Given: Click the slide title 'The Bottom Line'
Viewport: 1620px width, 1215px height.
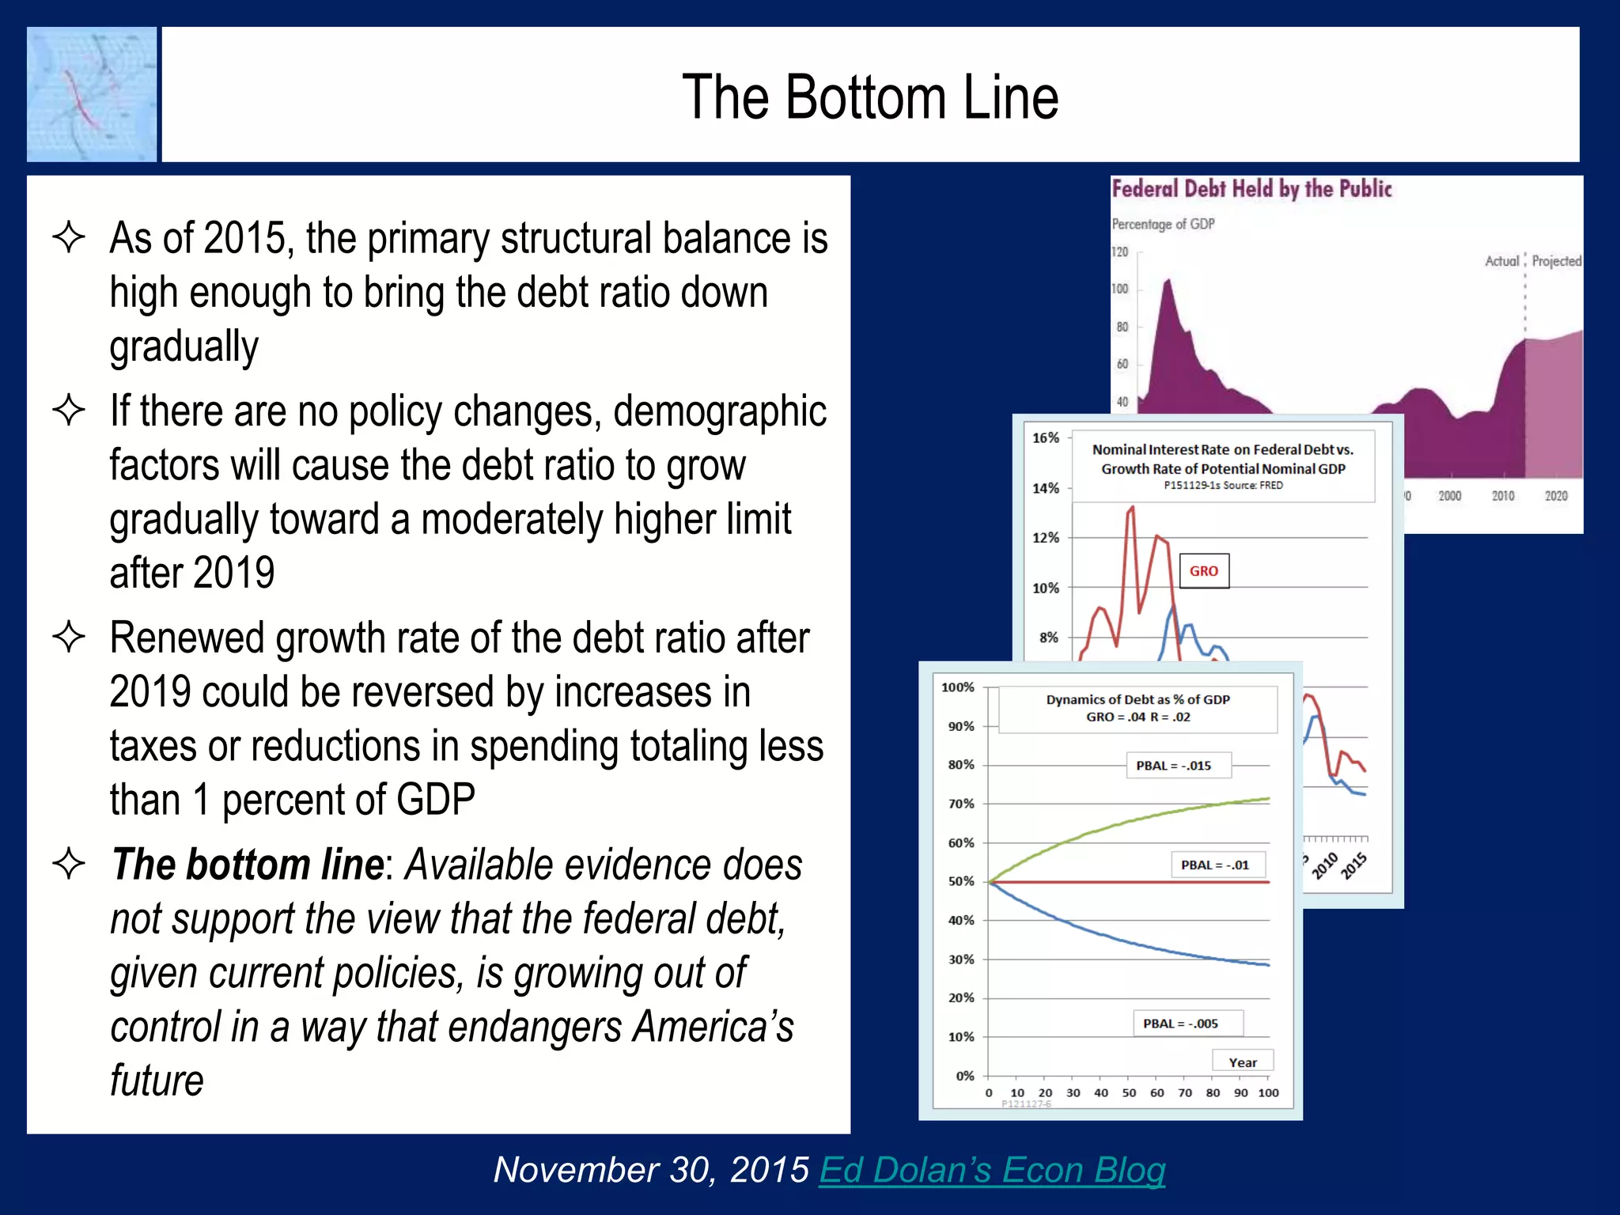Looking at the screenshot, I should pyautogui.click(x=870, y=97).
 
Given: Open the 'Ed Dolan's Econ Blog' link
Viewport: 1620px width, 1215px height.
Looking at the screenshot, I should pyautogui.click(x=992, y=1170).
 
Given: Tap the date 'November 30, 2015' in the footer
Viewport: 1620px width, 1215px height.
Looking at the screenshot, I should pyautogui.click(x=651, y=1170).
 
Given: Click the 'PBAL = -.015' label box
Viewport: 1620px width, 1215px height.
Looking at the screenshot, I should pyautogui.click(x=1173, y=766).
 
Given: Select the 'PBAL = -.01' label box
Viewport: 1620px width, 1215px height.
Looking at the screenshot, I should pyautogui.click(x=1215, y=865).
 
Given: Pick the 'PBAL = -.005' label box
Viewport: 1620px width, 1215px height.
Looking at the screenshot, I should pyautogui.click(x=1180, y=1024).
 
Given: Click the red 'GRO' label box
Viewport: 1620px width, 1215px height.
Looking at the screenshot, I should pyautogui.click(x=1204, y=571).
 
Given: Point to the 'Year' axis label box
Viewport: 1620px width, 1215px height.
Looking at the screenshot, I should pyautogui.click(x=1243, y=1062).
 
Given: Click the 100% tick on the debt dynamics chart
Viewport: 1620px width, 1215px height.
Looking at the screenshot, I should pyautogui.click(x=957, y=687).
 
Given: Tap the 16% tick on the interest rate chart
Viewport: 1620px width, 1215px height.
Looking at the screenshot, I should pyautogui.click(x=1045, y=437).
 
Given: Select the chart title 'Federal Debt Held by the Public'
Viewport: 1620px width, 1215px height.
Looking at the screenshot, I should pyautogui.click(x=1251, y=189).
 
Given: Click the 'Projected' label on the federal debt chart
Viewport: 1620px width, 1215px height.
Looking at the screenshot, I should pyautogui.click(x=1556, y=261).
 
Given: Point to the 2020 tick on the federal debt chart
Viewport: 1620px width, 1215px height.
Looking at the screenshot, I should pyautogui.click(x=1555, y=496).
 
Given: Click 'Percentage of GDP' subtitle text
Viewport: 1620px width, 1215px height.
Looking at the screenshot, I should pyautogui.click(x=1163, y=224).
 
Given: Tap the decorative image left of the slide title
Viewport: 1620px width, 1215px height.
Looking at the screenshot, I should pyautogui.click(x=92, y=95).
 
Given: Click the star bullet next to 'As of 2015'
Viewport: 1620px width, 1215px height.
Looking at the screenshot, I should pyautogui.click(x=69, y=237).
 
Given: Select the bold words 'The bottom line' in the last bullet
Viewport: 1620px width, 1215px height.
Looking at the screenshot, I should pyautogui.click(x=248, y=865).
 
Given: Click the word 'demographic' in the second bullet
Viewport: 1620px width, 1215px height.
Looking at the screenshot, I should pyautogui.click(x=719, y=411).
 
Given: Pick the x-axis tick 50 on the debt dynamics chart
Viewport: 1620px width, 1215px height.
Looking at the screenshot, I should pyautogui.click(x=1129, y=1093).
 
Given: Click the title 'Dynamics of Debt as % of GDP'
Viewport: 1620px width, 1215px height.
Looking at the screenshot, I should pyautogui.click(x=1137, y=699).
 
